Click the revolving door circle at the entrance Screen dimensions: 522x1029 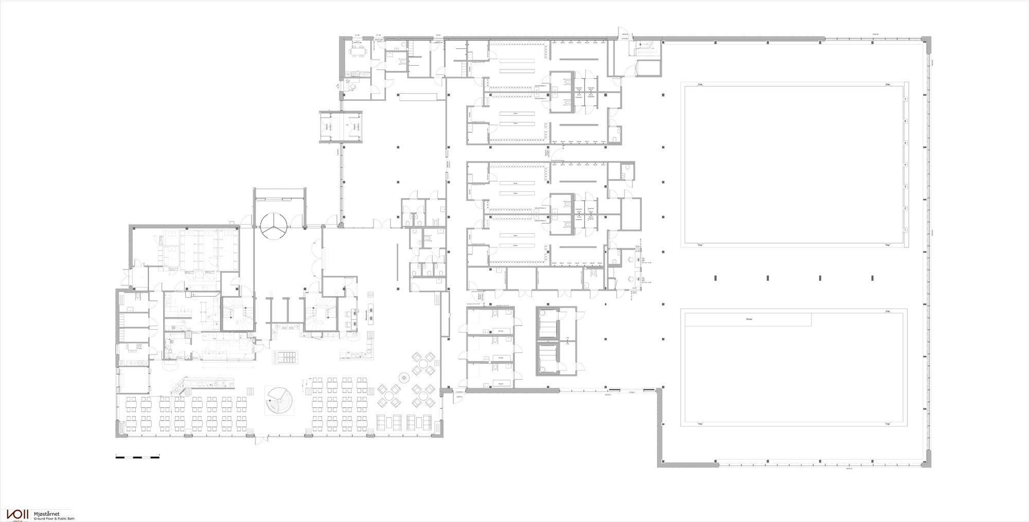point(274,226)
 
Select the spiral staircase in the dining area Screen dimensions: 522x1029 point(278,401)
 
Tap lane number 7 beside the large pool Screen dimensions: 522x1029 point(906,99)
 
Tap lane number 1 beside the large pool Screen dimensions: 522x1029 point(906,230)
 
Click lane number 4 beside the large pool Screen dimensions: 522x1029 point(906,165)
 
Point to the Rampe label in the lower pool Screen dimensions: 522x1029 point(749,319)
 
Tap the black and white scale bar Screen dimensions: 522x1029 point(137,457)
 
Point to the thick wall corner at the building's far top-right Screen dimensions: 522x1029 point(927,42)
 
